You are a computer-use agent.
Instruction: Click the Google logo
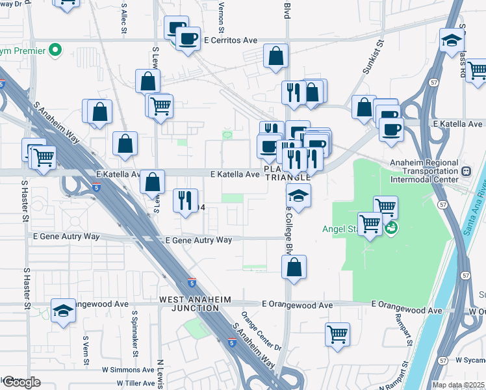point(21,382)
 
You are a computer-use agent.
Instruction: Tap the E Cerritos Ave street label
point(231,40)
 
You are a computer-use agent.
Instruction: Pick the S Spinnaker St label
point(134,332)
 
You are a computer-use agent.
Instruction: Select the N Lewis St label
point(160,374)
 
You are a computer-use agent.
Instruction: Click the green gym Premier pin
point(56,50)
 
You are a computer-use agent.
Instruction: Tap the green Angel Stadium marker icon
point(391,228)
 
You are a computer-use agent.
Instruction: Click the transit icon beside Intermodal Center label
point(466,172)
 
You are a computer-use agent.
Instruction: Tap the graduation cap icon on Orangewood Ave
point(64,311)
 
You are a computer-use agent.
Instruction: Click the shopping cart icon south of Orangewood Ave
point(337,335)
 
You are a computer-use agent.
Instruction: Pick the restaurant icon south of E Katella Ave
point(185,200)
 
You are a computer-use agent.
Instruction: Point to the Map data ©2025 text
point(458,385)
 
